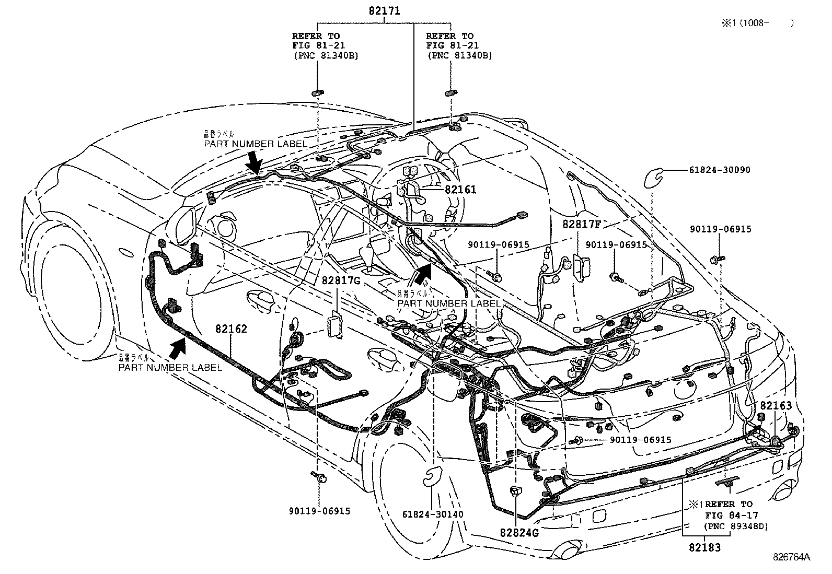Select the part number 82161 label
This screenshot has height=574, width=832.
click(460, 190)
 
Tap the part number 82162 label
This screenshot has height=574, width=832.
click(231, 329)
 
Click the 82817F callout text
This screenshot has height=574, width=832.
click(582, 225)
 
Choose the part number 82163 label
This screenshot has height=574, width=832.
click(776, 406)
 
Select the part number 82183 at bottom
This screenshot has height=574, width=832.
click(704, 547)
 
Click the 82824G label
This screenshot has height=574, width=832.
click(519, 533)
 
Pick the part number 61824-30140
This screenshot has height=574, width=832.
click(433, 514)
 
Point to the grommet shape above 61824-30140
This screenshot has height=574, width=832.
click(432, 476)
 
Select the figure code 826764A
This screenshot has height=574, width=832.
click(792, 557)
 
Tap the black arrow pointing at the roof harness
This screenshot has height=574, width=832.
click(255, 161)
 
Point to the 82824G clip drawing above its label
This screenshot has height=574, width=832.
click(516, 491)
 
